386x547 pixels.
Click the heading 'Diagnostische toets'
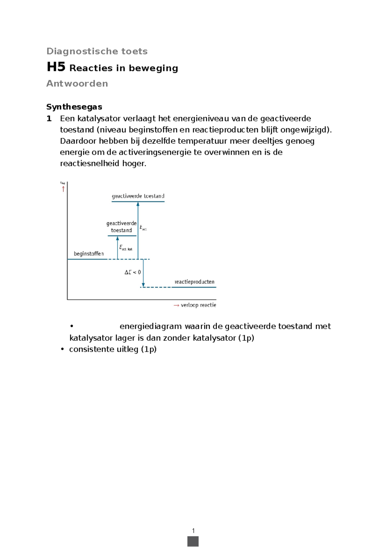(97, 51)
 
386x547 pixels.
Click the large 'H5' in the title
(56, 67)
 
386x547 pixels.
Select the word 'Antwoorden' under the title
(77, 83)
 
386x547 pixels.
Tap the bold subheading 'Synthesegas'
(74, 107)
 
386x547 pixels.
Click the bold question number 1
(49, 119)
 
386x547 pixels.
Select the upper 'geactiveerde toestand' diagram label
(138, 196)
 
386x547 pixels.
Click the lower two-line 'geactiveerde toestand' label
(121, 227)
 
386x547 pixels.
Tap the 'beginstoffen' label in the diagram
(89, 254)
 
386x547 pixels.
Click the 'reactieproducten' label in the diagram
(194, 282)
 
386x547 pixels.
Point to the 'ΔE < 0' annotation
(133, 272)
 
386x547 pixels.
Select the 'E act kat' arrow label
(126, 248)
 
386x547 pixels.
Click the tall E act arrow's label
(143, 228)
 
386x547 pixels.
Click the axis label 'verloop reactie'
(198, 305)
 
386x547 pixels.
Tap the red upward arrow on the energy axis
(63, 189)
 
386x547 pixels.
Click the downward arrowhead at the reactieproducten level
(143, 285)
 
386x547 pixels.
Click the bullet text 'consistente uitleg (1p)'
(113, 349)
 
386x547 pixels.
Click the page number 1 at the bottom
(193, 531)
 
